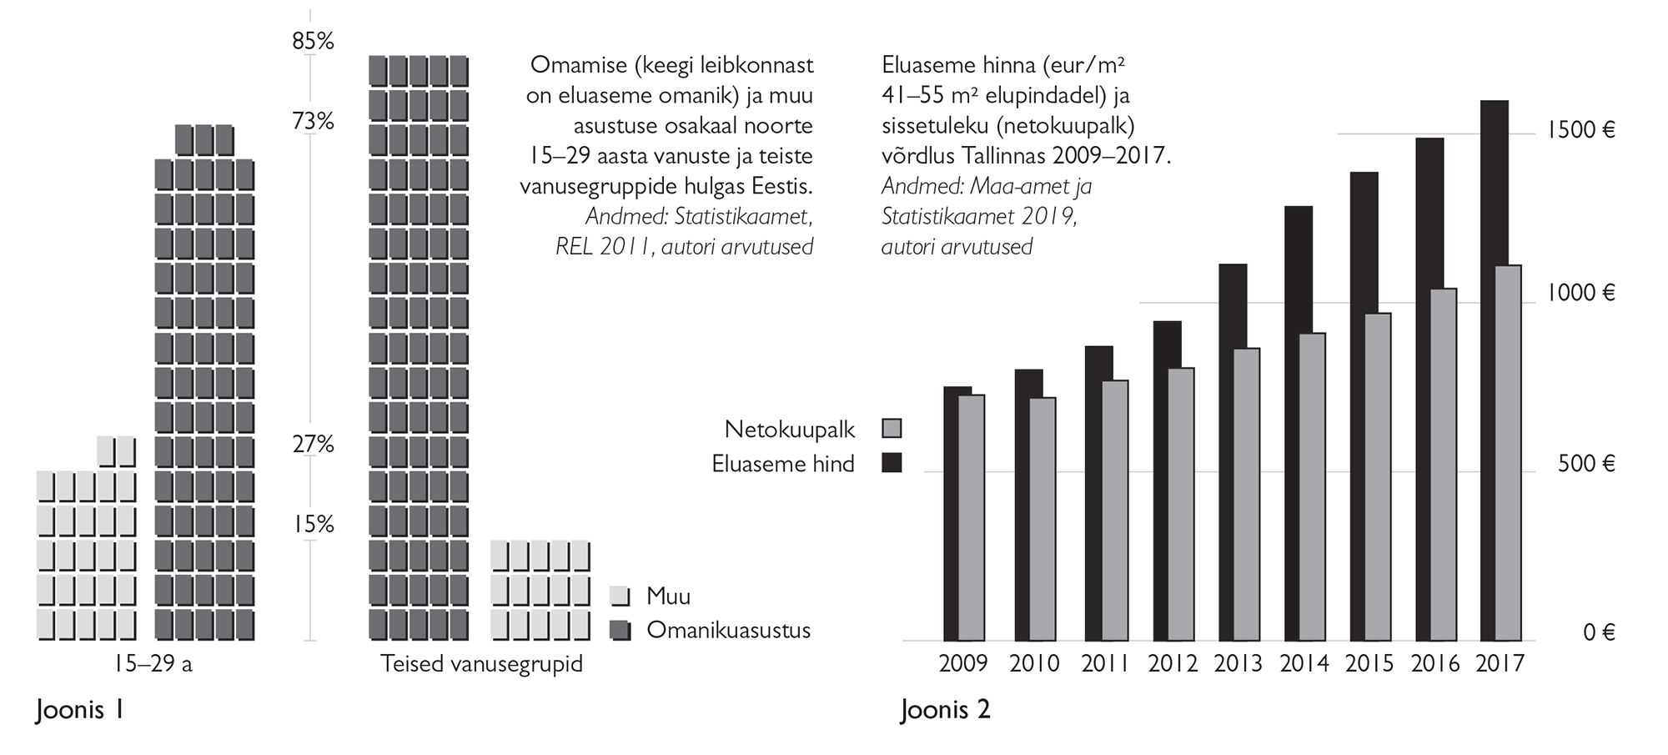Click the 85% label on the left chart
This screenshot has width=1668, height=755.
point(313,41)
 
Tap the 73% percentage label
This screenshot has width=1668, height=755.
point(313,122)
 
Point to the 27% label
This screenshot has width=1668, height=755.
point(313,445)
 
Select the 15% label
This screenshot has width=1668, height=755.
point(313,524)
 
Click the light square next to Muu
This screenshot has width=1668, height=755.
point(620,596)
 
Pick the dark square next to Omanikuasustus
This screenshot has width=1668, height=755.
point(620,630)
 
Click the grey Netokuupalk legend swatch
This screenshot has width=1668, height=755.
point(892,429)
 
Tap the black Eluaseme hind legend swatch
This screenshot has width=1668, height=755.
point(892,463)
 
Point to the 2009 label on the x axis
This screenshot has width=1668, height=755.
point(962,664)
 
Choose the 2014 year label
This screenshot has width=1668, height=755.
point(1304,664)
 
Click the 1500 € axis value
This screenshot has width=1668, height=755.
point(1581,129)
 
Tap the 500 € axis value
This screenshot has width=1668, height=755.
point(1586,463)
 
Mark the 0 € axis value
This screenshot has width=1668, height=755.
point(1599,632)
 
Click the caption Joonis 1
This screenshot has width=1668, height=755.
point(80,710)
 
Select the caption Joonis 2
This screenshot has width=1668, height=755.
point(945,710)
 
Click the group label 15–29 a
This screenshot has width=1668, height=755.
point(153,664)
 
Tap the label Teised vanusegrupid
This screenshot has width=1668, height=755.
point(481,664)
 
